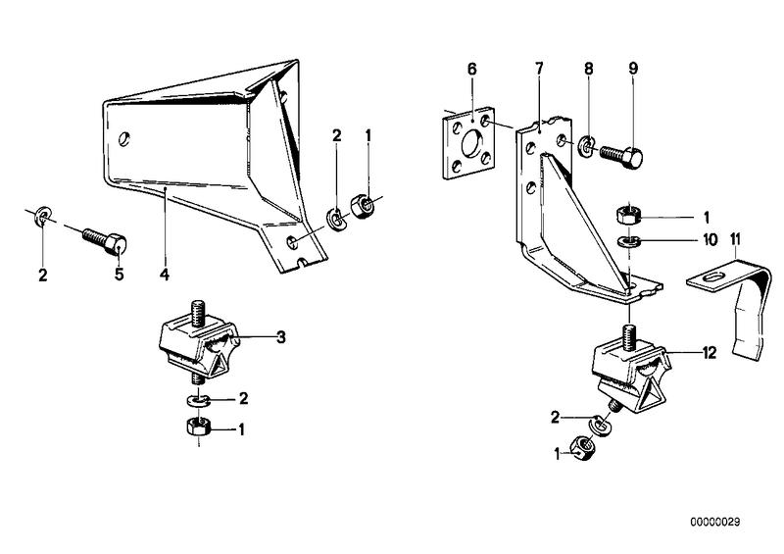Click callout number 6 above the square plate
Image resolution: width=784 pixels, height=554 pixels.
472,69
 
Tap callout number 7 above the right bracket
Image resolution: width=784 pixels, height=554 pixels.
538,69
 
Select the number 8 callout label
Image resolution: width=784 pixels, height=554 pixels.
589,69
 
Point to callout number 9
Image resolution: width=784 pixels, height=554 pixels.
633,69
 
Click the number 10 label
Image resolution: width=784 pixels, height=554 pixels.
710,239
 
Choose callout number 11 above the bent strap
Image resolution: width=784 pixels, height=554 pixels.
735,239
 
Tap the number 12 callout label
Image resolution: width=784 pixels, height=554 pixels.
709,353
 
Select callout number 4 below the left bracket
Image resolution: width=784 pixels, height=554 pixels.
165,275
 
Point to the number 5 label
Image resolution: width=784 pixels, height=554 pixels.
119,275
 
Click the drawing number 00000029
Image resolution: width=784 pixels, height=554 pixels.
715,522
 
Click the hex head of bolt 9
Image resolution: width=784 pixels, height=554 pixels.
632,157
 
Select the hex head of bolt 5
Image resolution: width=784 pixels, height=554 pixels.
116,244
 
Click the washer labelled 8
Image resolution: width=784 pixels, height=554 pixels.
586,145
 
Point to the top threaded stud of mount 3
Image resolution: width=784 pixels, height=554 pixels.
197,311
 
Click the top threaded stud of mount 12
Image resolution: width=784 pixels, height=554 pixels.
629,336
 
